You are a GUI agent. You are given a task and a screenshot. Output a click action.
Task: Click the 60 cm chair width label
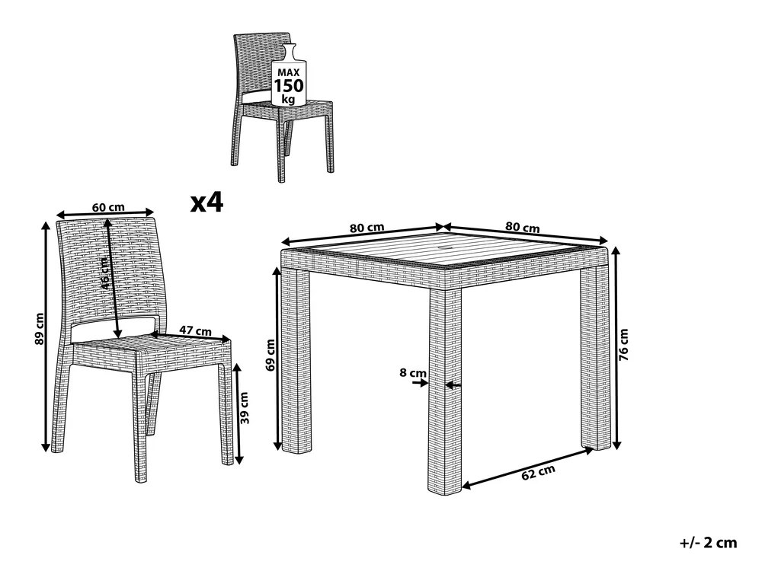click(x=108, y=207)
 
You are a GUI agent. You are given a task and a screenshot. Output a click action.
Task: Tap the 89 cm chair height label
click(x=40, y=329)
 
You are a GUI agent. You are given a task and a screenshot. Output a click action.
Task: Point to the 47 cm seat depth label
click(x=195, y=330)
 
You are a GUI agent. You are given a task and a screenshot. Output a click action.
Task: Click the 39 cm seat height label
click(x=245, y=408)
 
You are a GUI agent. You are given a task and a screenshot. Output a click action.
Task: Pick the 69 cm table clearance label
click(x=271, y=355)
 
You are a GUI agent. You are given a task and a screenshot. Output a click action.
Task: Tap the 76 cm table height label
click(x=624, y=345)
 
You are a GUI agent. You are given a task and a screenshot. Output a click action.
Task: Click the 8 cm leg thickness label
click(x=413, y=373)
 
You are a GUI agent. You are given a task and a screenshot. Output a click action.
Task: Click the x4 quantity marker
click(x=207, y=202)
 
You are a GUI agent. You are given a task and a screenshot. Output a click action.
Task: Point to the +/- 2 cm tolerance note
click(x=708, y=542)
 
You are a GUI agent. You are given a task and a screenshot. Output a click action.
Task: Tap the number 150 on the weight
click(x=289, y=86)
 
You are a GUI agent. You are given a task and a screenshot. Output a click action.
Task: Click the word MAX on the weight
click(x=289, y=72)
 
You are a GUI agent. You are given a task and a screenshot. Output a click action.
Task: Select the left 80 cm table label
click(x=367, y=227)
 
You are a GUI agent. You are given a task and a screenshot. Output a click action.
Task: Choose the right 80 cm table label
click(x=523, y=227)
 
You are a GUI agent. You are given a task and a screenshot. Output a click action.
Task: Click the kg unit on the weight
click(x=289, y=100)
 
